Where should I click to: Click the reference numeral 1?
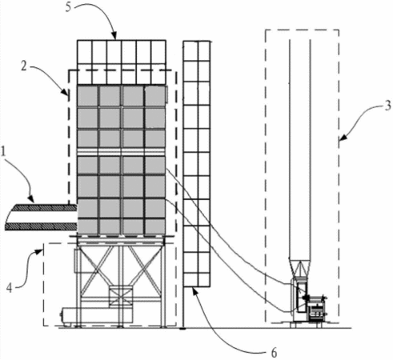click(x=3, y=153)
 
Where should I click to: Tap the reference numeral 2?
click(x=24, y=66)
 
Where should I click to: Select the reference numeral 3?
click(x=387, y=106)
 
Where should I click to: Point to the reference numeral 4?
click(x=10, y=288)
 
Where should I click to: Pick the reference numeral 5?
click(x=69, y=7)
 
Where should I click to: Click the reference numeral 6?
click(x=274, y=353)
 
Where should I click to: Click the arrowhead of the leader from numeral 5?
click(x=114, y=36)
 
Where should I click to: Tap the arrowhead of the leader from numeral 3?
click(x=343, y=138)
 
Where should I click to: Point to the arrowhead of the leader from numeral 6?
click(x=194, y=290)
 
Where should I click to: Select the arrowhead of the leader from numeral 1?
click(x=31, y=198)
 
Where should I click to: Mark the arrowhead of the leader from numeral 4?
click(x=40, y=251)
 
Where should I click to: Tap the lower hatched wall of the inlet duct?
click(x=41, y=226)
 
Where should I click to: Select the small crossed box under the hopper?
click(x=121, y=297)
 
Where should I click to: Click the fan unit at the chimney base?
click(x=308, y=302)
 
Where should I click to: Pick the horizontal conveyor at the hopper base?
click(x=97, y=315)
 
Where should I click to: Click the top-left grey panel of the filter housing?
click(x=87, y=95)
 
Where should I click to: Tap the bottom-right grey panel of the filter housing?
click(x=155, y=226)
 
